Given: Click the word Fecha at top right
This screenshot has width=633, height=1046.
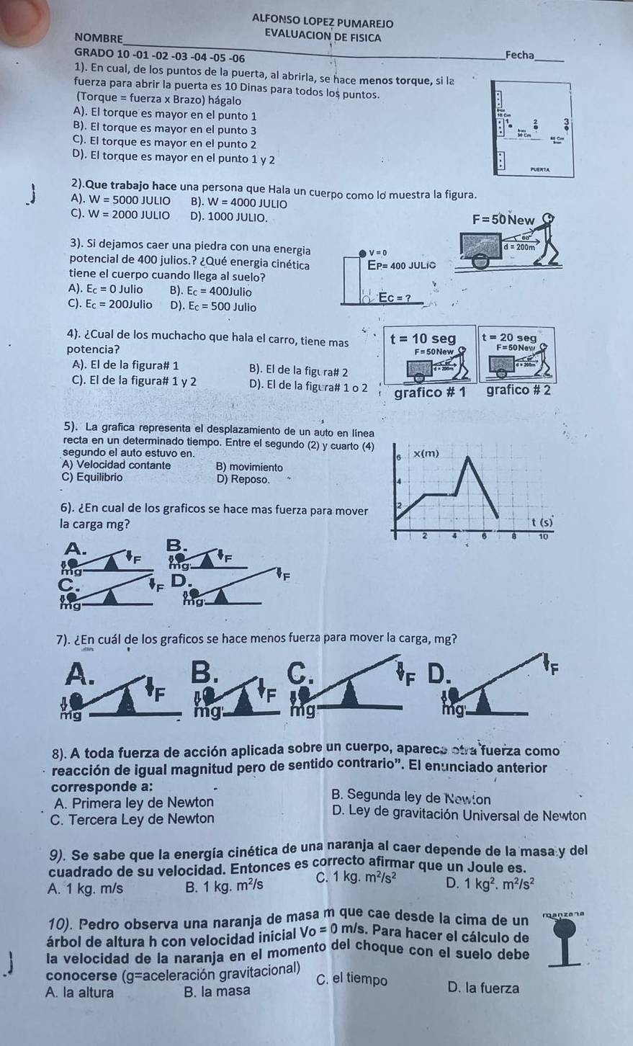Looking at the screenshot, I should pos(520,55).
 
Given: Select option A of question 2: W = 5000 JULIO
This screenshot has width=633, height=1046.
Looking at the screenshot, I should pos(121,201).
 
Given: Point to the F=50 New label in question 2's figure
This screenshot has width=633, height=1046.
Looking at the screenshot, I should pos(503,220).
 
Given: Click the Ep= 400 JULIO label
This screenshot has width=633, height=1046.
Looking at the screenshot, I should pos(403,266).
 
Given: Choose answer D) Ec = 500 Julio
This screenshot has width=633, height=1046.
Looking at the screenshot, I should pos(213,307).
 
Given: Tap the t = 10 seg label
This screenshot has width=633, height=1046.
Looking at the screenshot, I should pos(422,339).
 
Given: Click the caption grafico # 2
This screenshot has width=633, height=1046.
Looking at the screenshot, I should pos(518,390).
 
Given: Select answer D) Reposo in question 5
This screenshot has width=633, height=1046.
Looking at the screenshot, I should pos(243,479).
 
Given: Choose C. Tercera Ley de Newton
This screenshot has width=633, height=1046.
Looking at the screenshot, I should pos(133,818).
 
